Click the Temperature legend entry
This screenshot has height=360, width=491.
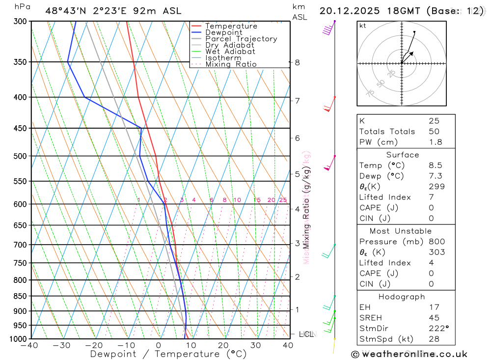coord(231,26)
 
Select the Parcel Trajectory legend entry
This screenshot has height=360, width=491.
coord(241,39)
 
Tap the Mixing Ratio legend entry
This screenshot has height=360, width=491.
coord(231,64)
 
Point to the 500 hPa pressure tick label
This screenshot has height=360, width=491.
coord(21,156)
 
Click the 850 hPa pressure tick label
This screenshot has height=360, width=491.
coord(21,296)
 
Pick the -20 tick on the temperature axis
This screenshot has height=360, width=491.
coord(94,345)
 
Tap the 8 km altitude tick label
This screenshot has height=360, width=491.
coord(297,62)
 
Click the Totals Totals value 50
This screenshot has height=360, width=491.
coord(434,132)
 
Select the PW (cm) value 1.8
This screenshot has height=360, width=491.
coord(435,142)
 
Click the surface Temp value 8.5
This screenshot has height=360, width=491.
coord(435,166)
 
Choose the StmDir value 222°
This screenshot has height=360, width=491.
coord(438,329)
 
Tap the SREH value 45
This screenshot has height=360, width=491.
coord(434,318)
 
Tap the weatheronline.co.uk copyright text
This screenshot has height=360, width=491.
coord(409,354)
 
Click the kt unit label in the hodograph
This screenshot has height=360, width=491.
coord(363,26)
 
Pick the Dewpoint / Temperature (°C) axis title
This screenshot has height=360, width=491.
coord(168,354)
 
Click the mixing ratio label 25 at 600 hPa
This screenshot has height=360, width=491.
coord(283,200)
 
